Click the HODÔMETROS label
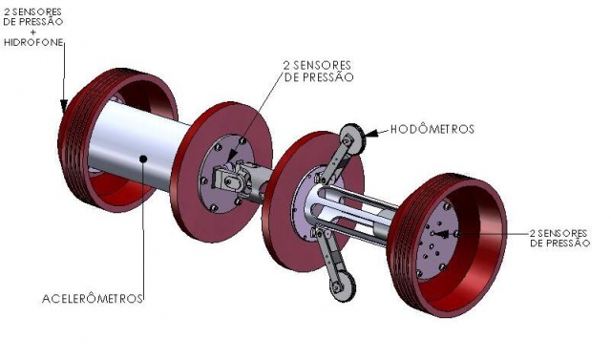point(432,129)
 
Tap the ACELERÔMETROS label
point(93,299)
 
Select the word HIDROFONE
point(33,42)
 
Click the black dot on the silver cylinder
point(143,159)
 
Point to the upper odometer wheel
point(352,139)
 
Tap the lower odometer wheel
point(342,284)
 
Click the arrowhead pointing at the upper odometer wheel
point(371,133)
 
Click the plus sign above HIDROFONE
point(32,32)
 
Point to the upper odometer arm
point(335,159)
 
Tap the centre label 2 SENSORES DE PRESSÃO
point(319,71)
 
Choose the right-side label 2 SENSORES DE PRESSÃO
point(560,238)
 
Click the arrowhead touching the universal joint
point(231,157)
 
